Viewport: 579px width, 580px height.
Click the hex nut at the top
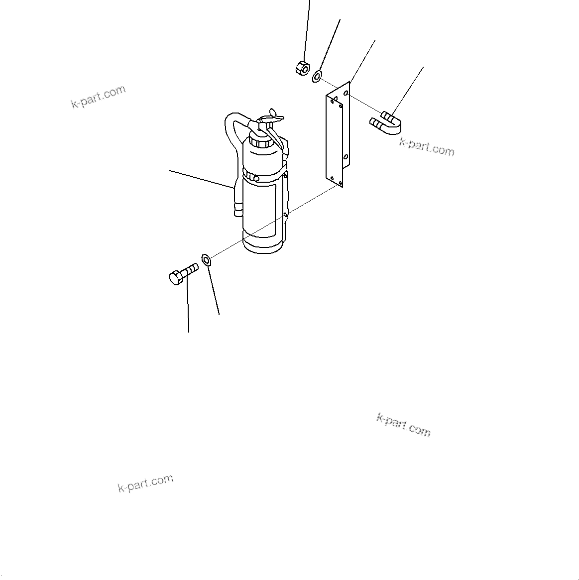(x=302, y=67)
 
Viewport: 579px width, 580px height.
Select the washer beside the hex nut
(x=317, y=76)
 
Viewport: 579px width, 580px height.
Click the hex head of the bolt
(x=176, y=277)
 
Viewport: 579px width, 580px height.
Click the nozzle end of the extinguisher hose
(x=237, y=209)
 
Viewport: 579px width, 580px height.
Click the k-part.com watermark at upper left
(x=99, y=97)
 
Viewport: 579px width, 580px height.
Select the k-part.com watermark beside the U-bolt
(x=427, y=146)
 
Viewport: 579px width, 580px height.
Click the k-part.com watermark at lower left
(x=145, y=482)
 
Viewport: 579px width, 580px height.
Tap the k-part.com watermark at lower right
(x=403, y=425)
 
